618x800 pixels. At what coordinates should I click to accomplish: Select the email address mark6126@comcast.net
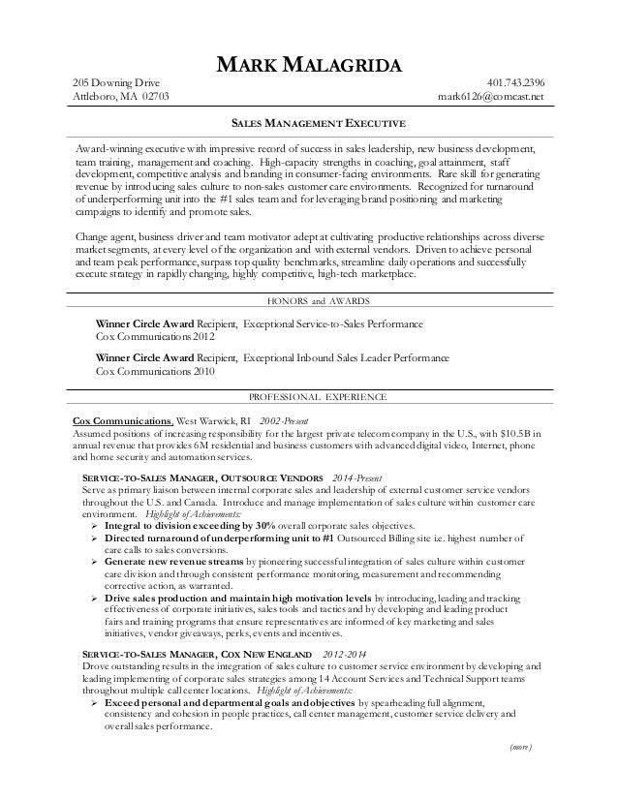tap(491, 97)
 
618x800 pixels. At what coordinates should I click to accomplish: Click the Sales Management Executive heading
tap(310, 125)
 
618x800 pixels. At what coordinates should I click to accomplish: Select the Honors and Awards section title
tap(310, 300)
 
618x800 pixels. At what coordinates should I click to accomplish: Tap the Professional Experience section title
tap(310, 397)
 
